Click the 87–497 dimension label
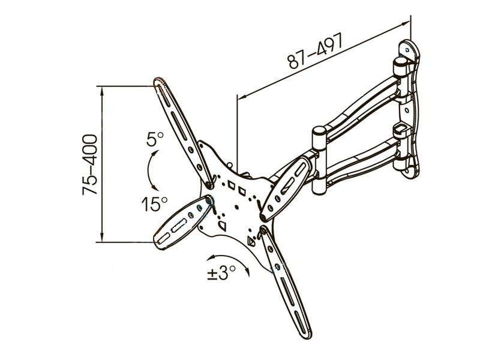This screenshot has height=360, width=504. click(316, 51)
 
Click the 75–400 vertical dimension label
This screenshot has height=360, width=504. click(90, 164)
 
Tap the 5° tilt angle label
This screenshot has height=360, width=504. click(155, 139)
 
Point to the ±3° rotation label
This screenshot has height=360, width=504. click(221, 273)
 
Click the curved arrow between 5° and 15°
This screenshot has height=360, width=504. click(149, 170)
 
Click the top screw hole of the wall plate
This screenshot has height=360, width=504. click(407, 50)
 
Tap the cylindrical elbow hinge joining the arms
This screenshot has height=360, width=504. click(319, 161)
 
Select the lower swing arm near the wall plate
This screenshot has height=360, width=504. click(362, 164)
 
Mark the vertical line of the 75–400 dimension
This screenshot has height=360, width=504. click(102, 164)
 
